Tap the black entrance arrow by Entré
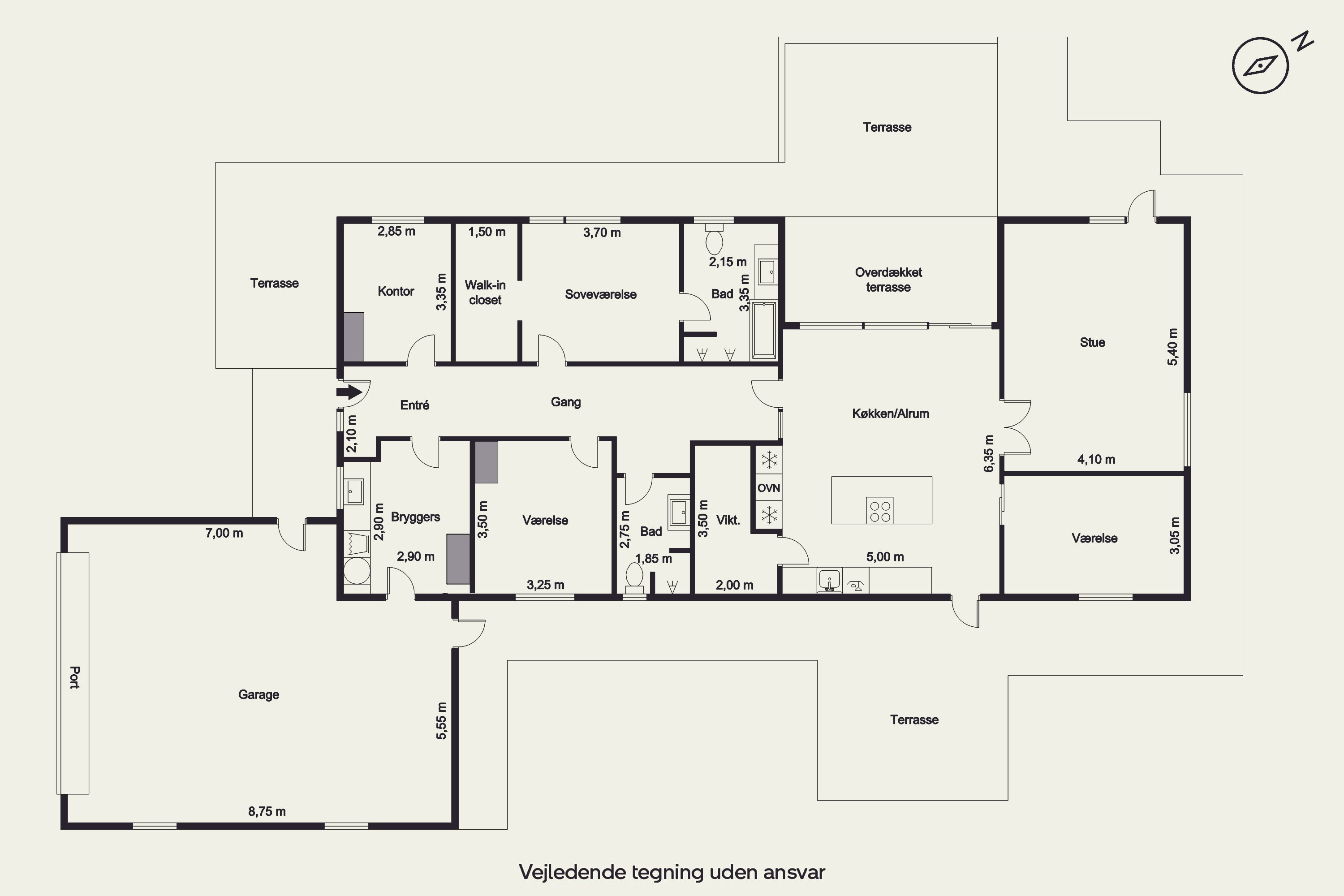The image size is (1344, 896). (349, 392)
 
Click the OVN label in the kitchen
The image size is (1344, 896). (769, 488)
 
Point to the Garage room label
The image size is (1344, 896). (258, 695)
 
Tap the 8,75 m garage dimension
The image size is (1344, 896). (267, 811)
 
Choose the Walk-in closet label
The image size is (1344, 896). (485, 292)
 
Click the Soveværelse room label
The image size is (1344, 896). (601, 294)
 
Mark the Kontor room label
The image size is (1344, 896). (396, 292)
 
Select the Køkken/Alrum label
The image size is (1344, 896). (890, 414)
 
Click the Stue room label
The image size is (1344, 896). (1092, 342)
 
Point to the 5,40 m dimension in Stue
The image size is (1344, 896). (1172, 347)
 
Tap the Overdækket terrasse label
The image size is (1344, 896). (888, 280)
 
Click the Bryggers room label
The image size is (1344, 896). (415, 517)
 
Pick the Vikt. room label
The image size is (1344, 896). (728, 520)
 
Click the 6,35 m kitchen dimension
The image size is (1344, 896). (989, 454)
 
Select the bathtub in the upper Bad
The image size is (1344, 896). (764, 330)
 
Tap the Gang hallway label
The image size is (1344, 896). (566, 402)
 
